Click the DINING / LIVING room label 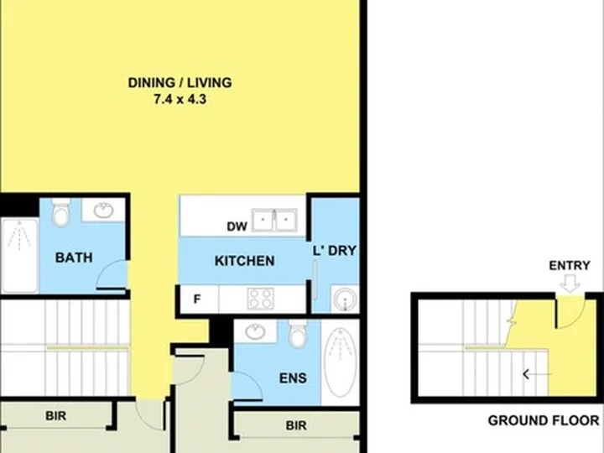point(180,83)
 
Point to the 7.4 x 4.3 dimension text point(180,99)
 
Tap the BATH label point(74,258)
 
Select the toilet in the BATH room point(61,212)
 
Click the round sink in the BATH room point(104,211)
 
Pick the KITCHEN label point(245,261)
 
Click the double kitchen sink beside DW point(274,220)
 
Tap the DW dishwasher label point(237,226)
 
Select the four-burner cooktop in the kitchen point(261,299)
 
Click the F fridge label point(197,299)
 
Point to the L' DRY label point(335,250)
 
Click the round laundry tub point(345,299)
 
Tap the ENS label point(293,377)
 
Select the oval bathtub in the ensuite point(340,362)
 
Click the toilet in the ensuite point(298,334)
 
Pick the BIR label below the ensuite point(296,425)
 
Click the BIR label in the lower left point(56,415)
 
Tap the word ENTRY point(570,265)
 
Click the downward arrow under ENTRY point(570,283)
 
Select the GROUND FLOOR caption point(544,420)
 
